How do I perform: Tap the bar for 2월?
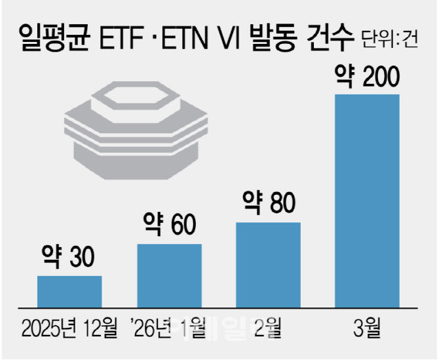(x=268, y=265)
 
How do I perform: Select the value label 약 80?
(x=267, y=203)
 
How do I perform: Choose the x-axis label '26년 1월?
(x=168, y=325)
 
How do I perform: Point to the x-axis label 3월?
(x=367, y=325)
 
